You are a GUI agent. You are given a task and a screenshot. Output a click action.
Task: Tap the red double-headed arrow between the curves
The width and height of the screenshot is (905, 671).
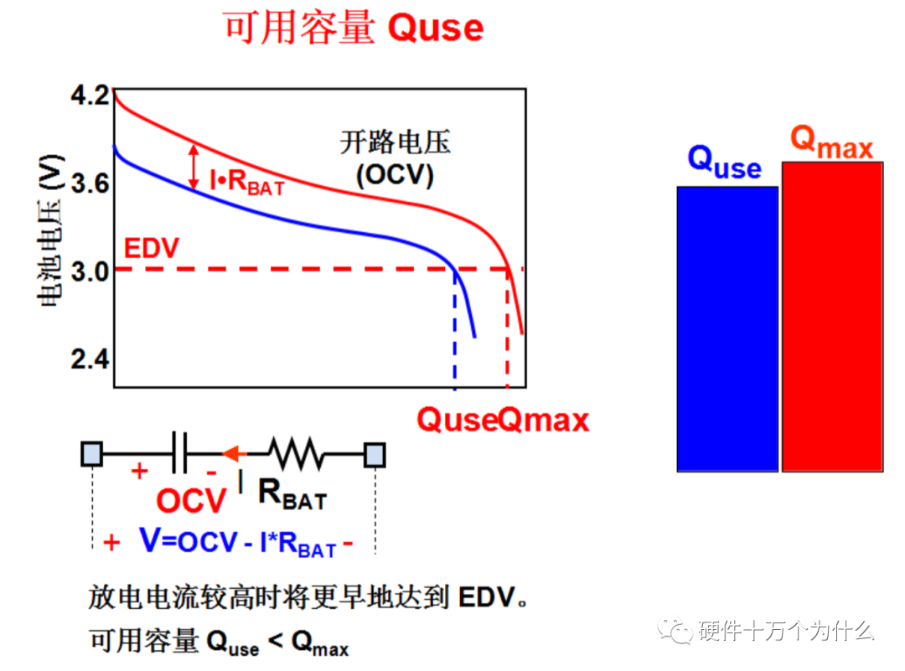coord(194,166)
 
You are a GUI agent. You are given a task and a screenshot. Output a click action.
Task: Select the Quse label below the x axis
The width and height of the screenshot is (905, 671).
coord(457,420)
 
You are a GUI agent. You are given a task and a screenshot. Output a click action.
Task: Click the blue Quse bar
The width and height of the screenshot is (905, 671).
coord(727,328)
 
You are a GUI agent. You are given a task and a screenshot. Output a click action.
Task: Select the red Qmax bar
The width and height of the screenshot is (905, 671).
coord(832,316)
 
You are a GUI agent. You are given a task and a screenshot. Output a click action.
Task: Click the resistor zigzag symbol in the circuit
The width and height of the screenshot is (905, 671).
coord(297,454)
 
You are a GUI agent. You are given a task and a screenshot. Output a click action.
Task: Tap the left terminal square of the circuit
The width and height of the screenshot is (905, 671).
coord(92,454)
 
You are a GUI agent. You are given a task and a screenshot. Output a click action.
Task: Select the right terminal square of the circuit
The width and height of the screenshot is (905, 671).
coord(375,455)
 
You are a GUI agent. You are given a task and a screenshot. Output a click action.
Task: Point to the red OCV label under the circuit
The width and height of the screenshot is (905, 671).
coord(191,501)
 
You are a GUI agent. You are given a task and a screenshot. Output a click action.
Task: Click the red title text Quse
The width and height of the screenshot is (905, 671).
coord(436,28)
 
